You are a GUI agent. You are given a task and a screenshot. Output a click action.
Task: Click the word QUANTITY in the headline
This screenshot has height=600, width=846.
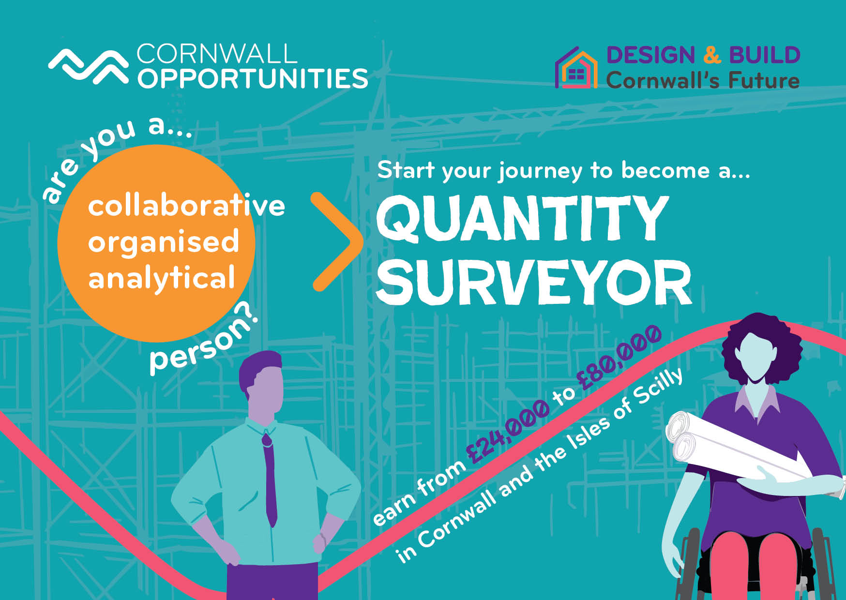[x=523, y=218]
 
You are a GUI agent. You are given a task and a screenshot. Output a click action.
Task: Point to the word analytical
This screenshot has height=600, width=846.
[x=161, y=279]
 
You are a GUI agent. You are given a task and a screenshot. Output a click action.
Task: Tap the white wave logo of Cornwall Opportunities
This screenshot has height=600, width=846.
[x=88, y=67]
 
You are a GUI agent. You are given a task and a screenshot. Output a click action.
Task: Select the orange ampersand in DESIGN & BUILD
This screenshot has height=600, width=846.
[x=712, y=55]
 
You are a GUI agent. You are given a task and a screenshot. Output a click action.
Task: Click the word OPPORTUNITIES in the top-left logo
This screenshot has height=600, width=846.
[x=253, y=79]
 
